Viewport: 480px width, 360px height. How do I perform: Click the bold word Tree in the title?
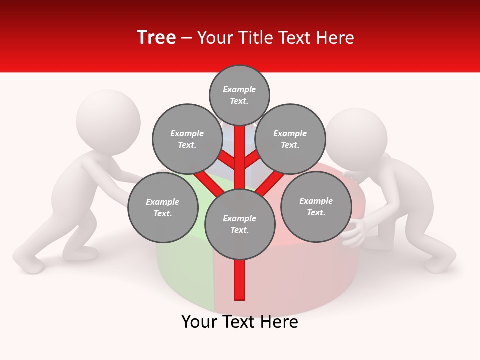(156, 37)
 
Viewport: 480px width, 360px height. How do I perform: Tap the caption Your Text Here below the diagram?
(240, 322)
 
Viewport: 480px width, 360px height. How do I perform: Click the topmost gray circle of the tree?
(239, 95)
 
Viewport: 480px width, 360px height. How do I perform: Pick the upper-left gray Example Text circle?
(187, 139)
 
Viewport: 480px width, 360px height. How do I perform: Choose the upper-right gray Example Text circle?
(290, 139)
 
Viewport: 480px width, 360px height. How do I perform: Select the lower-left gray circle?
(163, 207)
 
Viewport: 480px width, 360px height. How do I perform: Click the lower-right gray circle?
(316, 206)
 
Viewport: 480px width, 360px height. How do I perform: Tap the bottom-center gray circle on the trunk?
(240, 224)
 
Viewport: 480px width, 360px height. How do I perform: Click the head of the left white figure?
(108, 120)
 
